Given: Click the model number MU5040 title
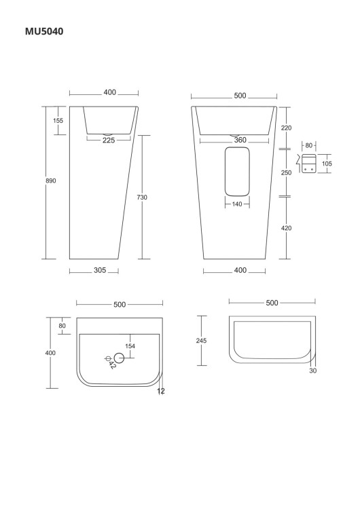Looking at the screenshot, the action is click(44, 31).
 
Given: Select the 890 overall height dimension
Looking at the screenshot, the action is click(51, 181).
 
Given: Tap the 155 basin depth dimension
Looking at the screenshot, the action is click(58, 120).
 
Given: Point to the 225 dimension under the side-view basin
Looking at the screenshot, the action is click(109, 140).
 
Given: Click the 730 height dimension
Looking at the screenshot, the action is click(142, 197).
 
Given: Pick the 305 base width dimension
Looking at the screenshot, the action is click(100, 270).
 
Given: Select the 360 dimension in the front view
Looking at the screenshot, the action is click(240, 140).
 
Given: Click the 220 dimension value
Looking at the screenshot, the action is click(286, 128).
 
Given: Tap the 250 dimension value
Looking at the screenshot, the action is click(286, 172).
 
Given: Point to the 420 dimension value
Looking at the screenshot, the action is click(286, 228).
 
